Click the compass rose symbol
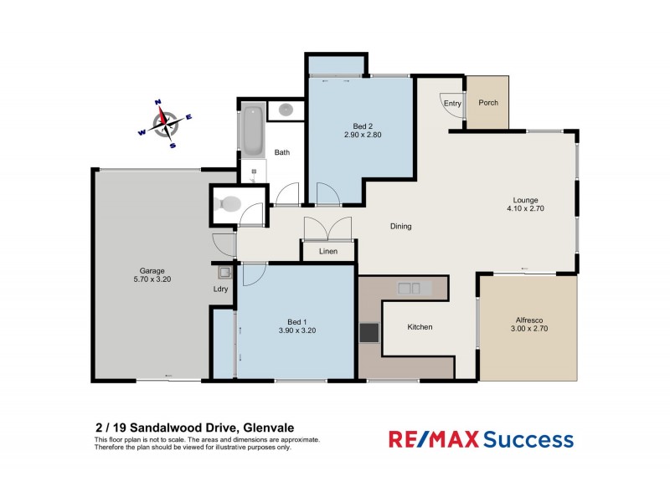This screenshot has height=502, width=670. click(166, 123)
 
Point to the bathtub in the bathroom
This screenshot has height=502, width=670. click(252, 130)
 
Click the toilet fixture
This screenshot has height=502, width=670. click(228, 203)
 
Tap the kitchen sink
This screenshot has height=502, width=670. click(410, 289)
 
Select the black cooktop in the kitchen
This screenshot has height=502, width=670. click(368, 333)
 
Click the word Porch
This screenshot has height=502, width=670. click(488, 103)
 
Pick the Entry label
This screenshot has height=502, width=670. click(452, 104)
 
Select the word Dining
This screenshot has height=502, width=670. click(401, 227)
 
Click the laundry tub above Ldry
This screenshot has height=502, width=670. click(224, 272)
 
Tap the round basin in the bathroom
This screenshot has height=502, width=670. click(286, 110)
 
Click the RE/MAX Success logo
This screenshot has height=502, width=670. click(480, 439)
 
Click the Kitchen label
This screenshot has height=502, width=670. click(420, 327)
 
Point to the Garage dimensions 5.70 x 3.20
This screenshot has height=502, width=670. click(151, 280)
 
